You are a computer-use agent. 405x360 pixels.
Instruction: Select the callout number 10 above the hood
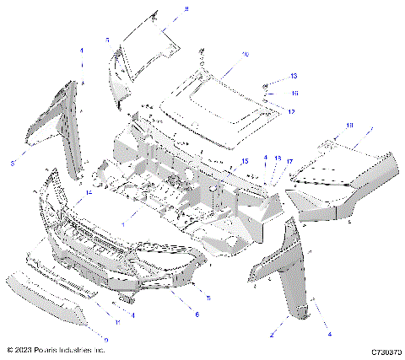click(x=246, y=54)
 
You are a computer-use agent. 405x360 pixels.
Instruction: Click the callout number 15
click(x=245, y=160)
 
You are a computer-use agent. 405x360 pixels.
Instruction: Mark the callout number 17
click(x=289, y=160)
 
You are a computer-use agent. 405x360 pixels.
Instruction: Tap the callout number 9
click(x=106, y=339)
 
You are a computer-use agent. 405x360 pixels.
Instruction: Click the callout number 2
click(x=273, y=335)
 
